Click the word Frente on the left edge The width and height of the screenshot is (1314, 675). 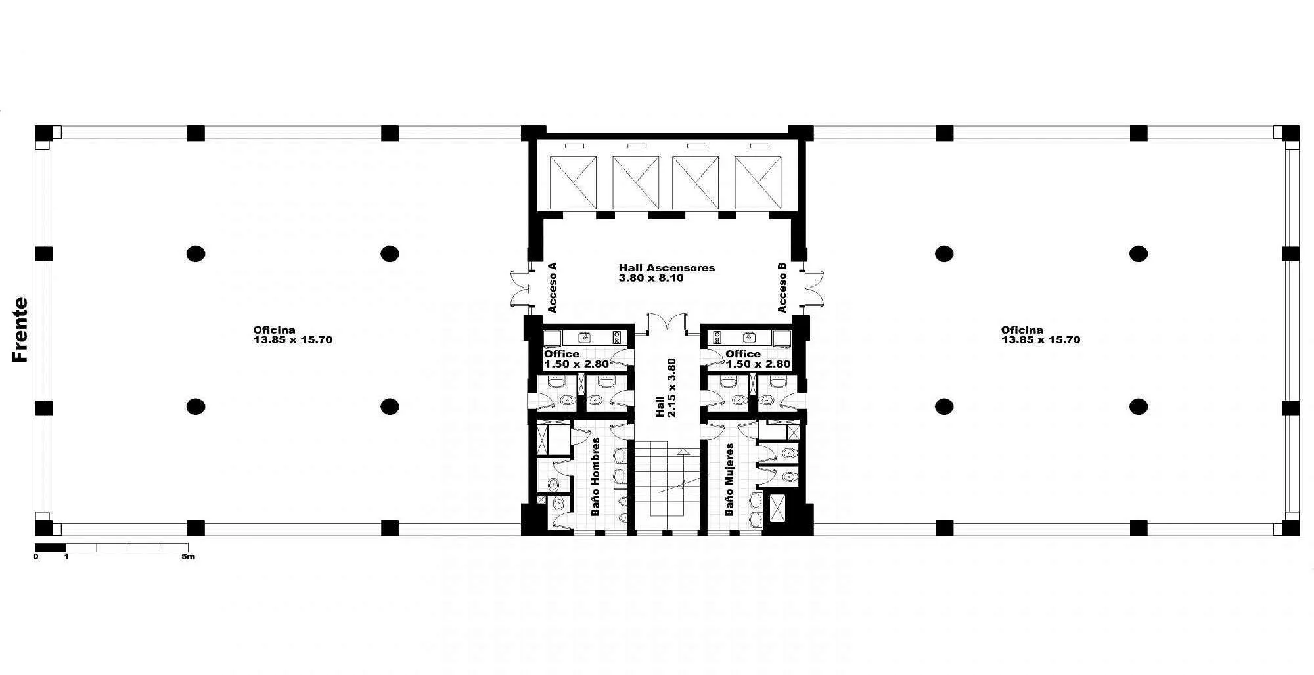[20, 330]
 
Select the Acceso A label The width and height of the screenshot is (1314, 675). [552, 287]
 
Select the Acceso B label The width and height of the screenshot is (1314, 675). [782, 287]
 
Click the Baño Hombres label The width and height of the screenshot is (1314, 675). [596, 477]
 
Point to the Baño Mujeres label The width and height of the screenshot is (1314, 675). [729, 479]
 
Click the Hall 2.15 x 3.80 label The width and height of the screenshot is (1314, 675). [666, 388]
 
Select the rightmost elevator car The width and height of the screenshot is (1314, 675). [759, 183]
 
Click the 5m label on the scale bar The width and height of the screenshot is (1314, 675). [189, 557]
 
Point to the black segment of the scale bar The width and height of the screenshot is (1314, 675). [51, 547]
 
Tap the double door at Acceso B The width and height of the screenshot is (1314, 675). [812, 287]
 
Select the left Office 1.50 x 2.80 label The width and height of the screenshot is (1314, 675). [576, 359]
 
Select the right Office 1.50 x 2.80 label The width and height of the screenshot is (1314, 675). [758, 359]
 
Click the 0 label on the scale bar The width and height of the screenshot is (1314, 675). [36, 557]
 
